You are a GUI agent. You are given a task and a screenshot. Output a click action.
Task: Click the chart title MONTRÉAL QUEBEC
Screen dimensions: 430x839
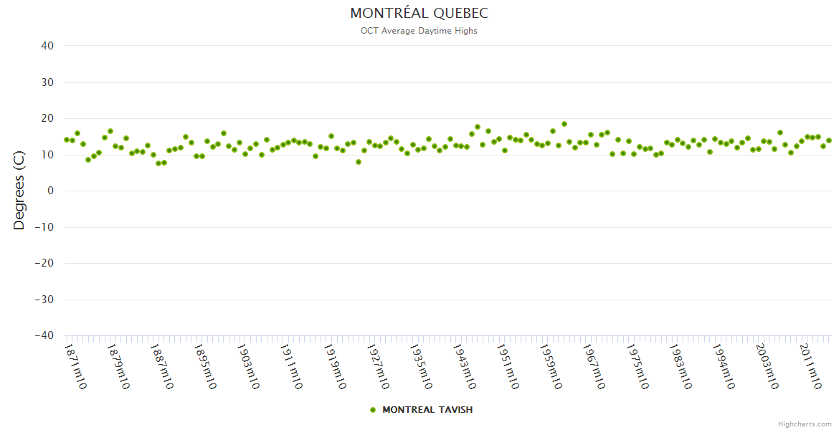pyautogui.click(x=419, y=14)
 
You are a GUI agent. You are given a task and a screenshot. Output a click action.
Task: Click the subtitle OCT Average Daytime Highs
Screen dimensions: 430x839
pyautogui.click(x=419, y=31)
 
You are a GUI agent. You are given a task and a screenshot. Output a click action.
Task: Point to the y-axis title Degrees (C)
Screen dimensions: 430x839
pyautogui.click(x=19, y=191)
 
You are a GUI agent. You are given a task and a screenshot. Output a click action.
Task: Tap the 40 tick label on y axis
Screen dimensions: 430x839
pyautogui.click(x=47, y=46)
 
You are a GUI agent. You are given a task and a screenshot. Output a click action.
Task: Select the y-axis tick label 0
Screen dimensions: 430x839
pyautogui.click(x=51, y=191)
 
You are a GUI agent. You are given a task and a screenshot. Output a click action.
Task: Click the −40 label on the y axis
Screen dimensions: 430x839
pyautogui.click(x=44, y=335)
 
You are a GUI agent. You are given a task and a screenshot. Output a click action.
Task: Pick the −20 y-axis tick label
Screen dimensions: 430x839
pyautogui.click(x=44, y=263)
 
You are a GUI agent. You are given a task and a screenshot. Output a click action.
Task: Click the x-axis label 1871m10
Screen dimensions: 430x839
pyautogui.click(x=75, y=367)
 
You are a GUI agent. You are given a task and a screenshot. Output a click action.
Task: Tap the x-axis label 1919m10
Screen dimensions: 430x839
pyautogui.click(x=334, y=367)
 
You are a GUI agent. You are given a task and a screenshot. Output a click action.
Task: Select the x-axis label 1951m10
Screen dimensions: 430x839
pyautogui.click(x=507, y=367)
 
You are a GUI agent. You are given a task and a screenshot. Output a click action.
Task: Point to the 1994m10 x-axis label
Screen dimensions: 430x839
pyautogui.click(x=723, y=367)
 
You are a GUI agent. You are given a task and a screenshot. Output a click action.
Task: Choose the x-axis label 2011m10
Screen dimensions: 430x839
pyautogui.click(x=810, y=367)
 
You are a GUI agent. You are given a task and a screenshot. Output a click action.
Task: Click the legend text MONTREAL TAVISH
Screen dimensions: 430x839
pyautogui.click(x=427, y=410)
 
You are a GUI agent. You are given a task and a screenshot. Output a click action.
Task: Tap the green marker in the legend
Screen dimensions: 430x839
pyautogui.click(x=372, y=410)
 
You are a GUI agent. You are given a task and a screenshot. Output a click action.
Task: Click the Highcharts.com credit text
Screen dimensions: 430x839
pyautogui.click(x=805, y=424)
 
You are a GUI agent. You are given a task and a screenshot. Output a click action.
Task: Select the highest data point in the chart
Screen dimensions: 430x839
pyautogui.click(x=564, y=124)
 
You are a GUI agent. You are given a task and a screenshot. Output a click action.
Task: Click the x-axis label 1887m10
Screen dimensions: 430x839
pyautogui.click(x=161, y=367)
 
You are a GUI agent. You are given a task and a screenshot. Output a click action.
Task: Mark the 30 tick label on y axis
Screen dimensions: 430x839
pyautogui.click(x=47, y=82)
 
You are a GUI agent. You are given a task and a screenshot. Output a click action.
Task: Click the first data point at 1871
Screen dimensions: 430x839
pyautogui.click(x=67, y=140)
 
